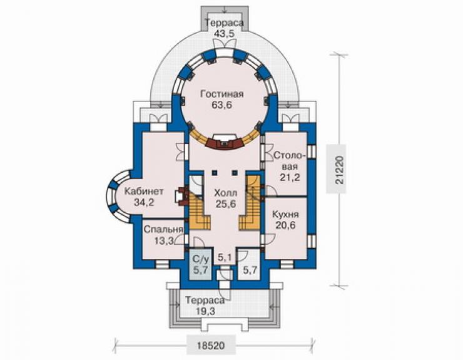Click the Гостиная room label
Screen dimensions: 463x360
(221, 94)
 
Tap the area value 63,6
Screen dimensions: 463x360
(221, 105)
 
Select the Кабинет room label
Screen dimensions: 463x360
(144, 191)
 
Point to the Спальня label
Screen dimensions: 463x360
(163, 230)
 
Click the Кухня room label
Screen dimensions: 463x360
(285, 214)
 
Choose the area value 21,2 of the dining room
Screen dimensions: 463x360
(290, 177)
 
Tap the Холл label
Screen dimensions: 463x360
(225, 193)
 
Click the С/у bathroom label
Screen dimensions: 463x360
(201, 260)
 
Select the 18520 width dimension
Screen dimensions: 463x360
(211, 345)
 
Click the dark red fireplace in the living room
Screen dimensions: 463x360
(225, 143)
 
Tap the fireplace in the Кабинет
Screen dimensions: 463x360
(182, 196)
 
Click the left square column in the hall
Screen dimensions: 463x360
(214, 172)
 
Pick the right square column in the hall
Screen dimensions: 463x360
(235, 172)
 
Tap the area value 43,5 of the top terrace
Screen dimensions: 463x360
(225, 33)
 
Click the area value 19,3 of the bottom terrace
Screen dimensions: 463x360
(205, 311)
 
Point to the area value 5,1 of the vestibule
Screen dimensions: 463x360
(225, 258)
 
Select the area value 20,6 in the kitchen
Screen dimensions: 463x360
(285, 225)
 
